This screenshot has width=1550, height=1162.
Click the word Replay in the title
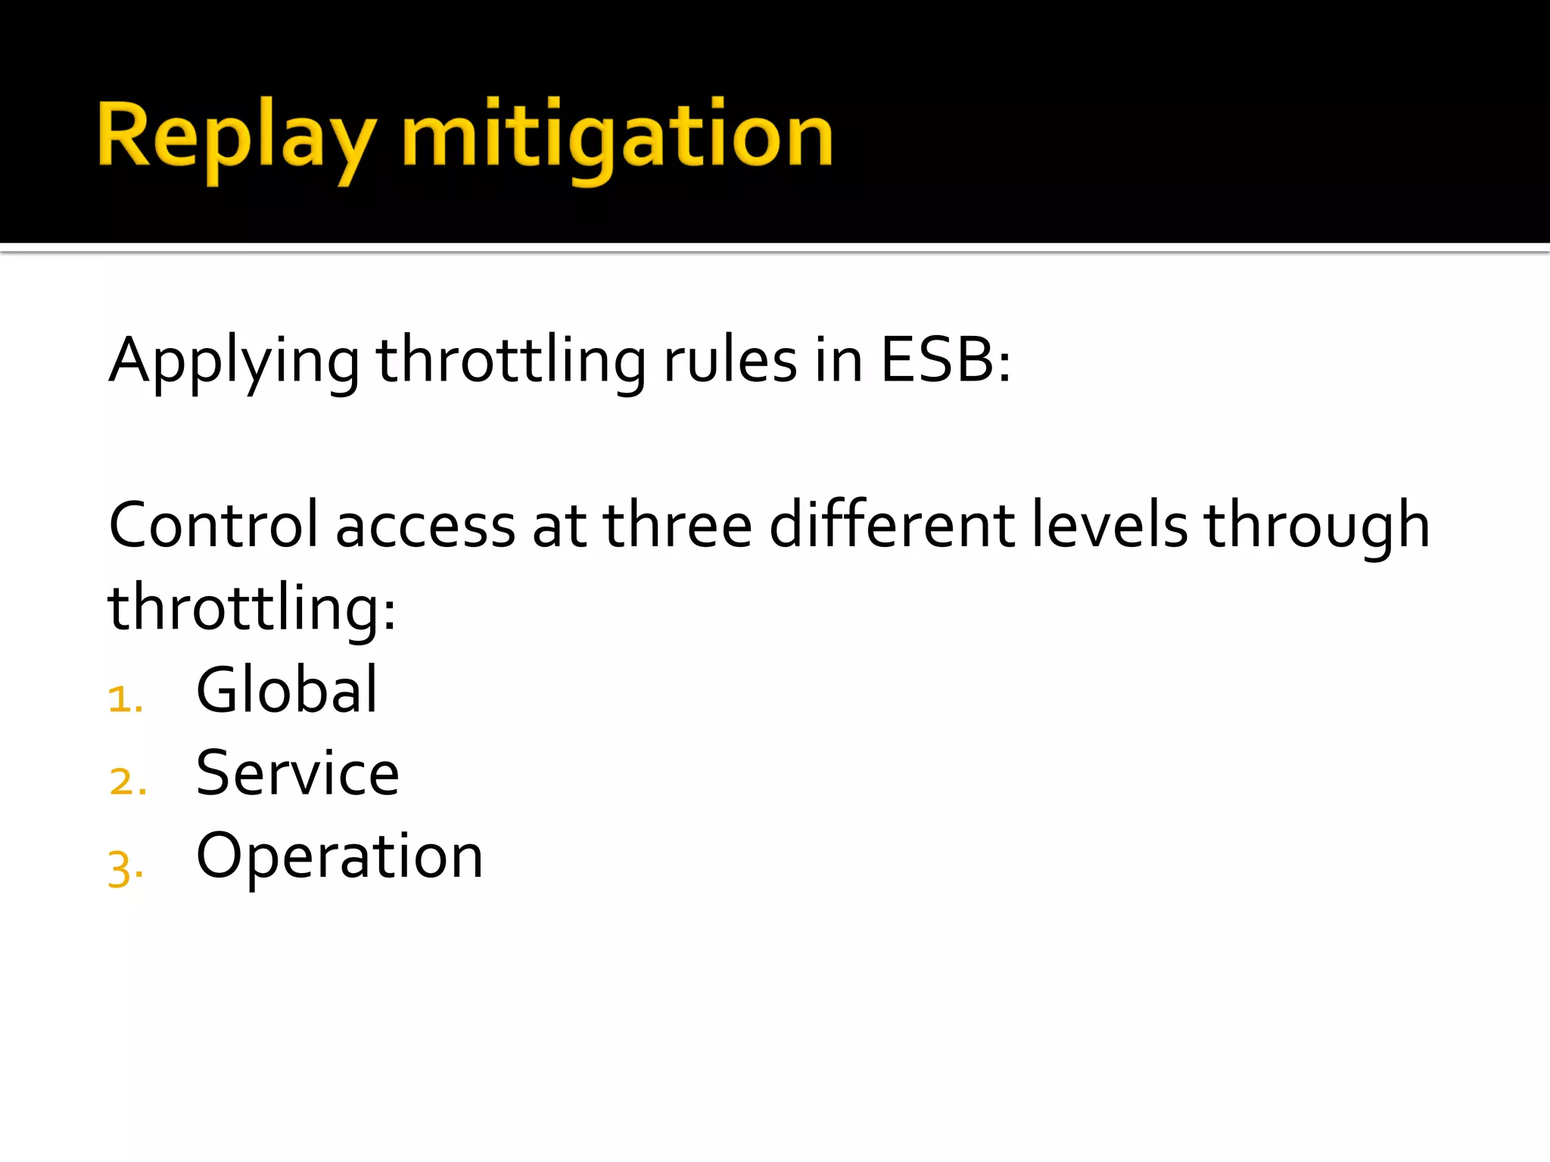[x=235, y=137]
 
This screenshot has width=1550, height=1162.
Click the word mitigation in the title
[x=617, y=137]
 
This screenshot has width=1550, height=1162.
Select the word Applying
[x=235, y=362]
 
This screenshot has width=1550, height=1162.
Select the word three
[x=677, y=526]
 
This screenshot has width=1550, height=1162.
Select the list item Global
[x=286, y=690]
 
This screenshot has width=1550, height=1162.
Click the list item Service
[x=297, y=773]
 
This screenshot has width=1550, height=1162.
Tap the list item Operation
[x=339, y=856]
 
